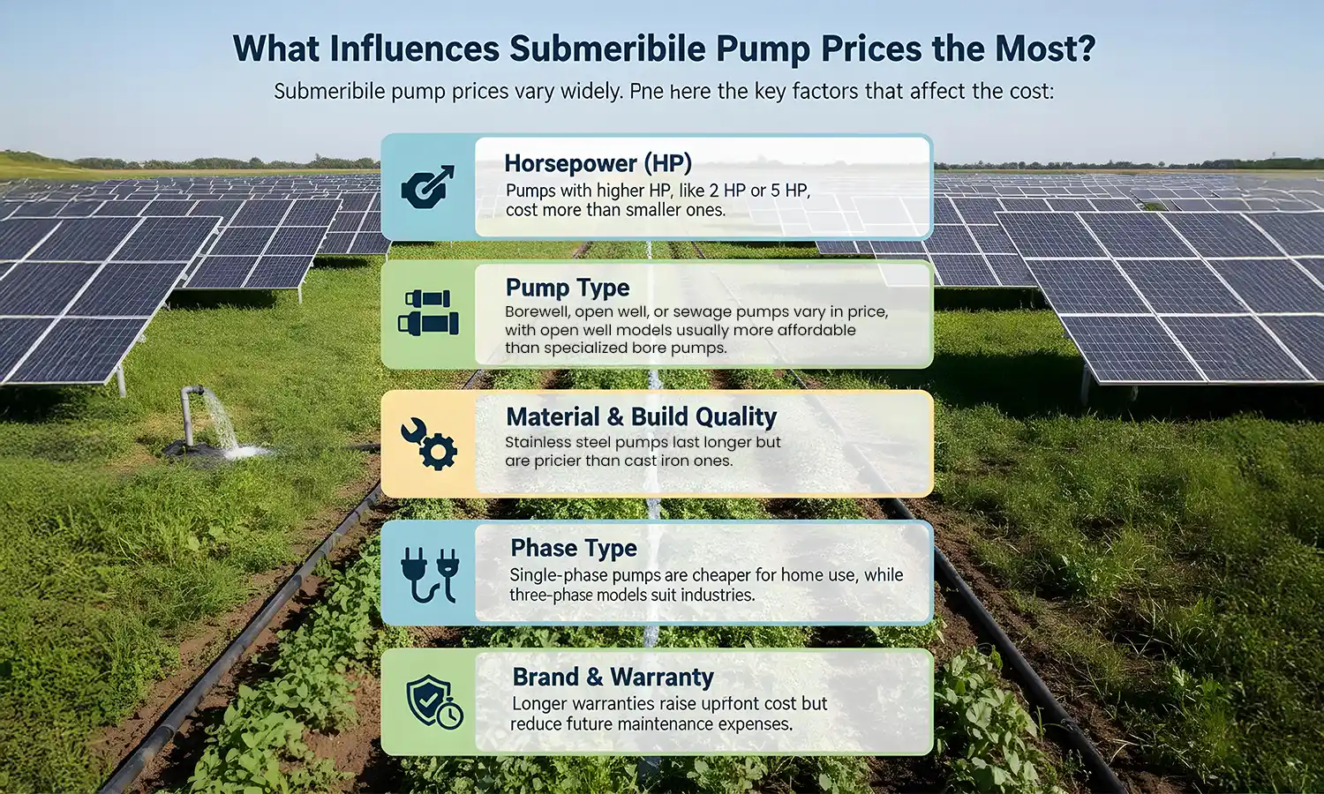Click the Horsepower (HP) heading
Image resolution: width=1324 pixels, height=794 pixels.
click(x=598, y=163)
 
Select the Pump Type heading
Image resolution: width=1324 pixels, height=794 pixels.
click(x=568, y=288)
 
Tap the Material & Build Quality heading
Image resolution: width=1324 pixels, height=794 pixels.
click(x=642, y=416)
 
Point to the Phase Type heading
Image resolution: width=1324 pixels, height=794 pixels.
click(x=574, y=548)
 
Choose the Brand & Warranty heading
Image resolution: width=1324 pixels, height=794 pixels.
click(x=613, y=677)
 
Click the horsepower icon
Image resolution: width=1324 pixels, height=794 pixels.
click(x=428, y=186)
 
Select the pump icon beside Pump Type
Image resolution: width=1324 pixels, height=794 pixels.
click(x=428, y=313)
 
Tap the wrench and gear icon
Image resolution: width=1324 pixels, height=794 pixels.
click(x=429, y=443)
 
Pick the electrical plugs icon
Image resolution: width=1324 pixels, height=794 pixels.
click(x=429, y=573)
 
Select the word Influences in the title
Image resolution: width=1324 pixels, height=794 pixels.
click(x=415, y=49)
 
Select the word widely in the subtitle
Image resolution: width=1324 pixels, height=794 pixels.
click(x=591, y=92)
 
